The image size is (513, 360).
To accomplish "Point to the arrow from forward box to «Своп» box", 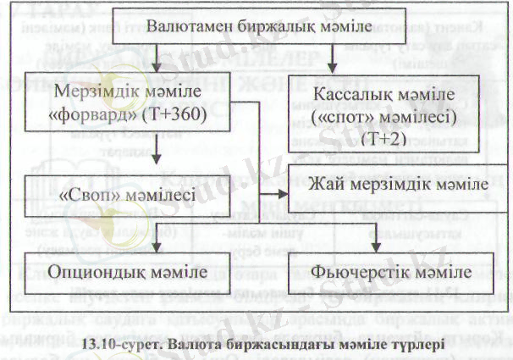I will click(158, 152).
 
